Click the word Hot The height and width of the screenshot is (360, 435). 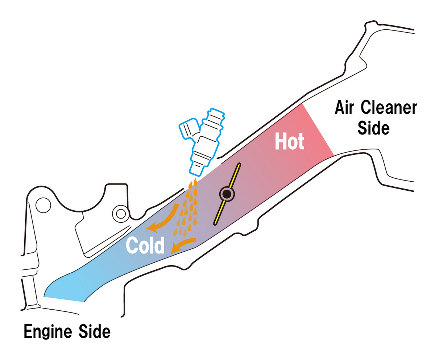pos(290,142)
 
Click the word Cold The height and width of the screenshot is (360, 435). pos(145,245)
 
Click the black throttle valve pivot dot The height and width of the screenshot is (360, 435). pos(227,195)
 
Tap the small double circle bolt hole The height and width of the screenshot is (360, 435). pos(120,213)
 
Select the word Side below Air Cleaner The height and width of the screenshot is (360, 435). pos(373,128)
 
